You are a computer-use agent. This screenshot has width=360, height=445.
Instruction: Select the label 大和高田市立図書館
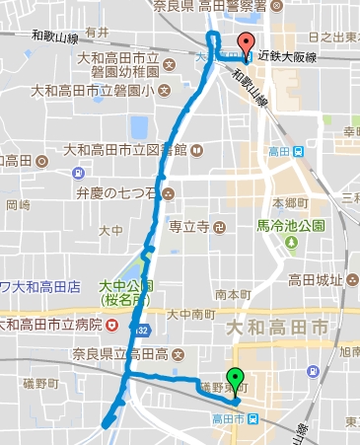125,150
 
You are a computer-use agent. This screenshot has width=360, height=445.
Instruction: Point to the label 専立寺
188,226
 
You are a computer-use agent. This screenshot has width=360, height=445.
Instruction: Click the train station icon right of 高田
298,151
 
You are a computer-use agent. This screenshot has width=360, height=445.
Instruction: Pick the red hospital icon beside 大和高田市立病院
113,325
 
